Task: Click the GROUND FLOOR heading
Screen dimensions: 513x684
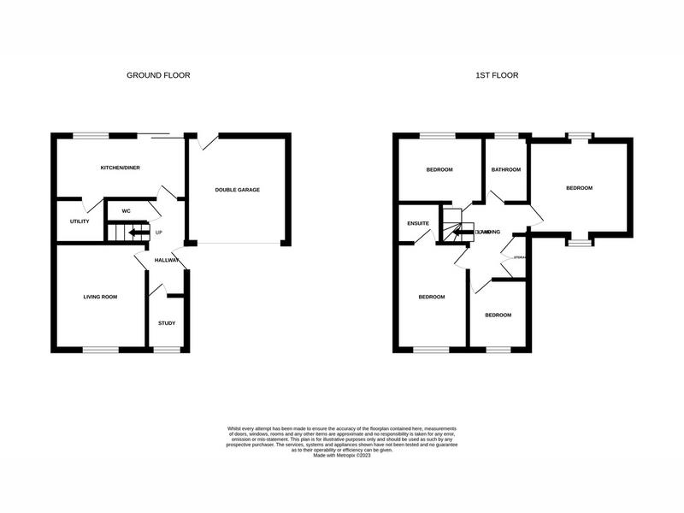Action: [158, 75]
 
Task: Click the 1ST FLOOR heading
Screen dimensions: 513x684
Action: [497, 75]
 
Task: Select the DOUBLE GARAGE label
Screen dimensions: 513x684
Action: [237, 190]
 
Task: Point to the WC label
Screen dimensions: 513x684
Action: [126, 210]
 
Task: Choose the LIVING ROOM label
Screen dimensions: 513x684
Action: [100, 297]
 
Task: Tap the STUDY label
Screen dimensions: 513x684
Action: [167, 323]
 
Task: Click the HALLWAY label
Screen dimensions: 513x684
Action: [167, 261]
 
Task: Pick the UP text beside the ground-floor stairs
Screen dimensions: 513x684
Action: [158, 232]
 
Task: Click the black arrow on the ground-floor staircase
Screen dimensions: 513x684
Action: [135, 232]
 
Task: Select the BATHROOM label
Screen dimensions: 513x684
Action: [505, 169]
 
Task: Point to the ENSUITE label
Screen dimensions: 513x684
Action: [417, 223]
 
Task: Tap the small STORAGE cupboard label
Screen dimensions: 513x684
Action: [520, 257]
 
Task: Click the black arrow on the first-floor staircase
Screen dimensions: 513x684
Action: [462, 232]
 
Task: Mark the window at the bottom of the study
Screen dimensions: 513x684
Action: [167, 349]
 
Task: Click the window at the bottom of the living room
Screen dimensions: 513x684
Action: [100, 349]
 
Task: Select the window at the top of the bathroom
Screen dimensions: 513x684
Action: [505, 136]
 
